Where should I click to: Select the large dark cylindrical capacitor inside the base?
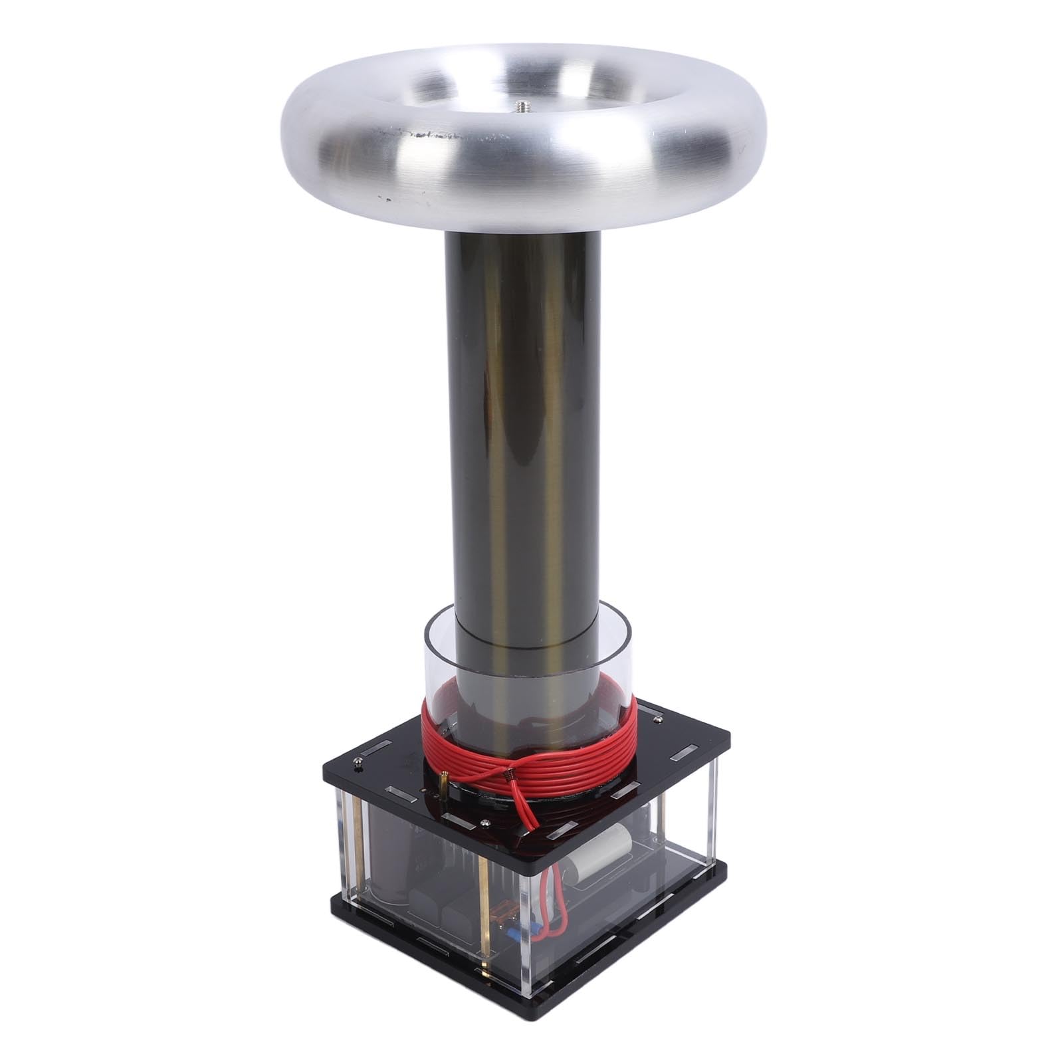coord(389,864)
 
